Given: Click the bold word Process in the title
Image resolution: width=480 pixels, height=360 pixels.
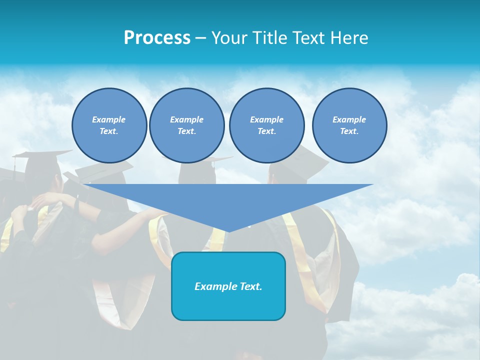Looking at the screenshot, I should click(x=157, y=38).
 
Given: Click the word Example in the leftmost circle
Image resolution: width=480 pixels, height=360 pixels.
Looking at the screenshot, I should click(x=109, y=119).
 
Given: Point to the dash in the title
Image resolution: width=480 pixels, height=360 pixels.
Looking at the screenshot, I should click(x=200, y=38).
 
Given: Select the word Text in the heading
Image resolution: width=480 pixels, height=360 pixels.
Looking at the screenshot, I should click(x=307, y=38).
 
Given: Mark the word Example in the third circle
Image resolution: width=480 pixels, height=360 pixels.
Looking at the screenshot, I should click(x=266, y=119).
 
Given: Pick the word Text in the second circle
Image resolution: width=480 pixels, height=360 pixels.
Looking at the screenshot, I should click(x=186, y=131).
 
